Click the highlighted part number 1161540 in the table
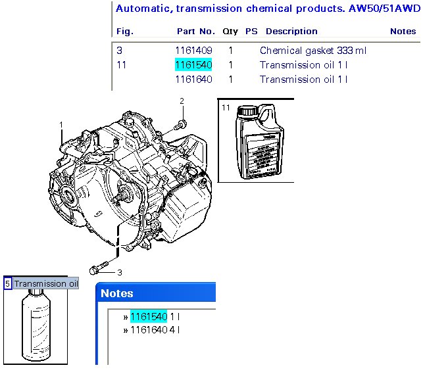click(x=193, y=65)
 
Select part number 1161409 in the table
click(x=193, y=51)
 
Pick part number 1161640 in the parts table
click(x=193, y=80)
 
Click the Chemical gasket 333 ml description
click(x=312, y=51)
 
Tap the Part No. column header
click(x=195, y=31)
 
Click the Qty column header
click(x=230, y=31)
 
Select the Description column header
click(x=291, y=31)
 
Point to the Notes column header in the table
click(x=403, y=31)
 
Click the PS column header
click(x=251, y=31)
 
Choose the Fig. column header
click(x=124, y=31)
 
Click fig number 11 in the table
click(x=121, y=65)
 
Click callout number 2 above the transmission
click(x=182, y=101)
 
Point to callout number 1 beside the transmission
click(x=61, y=124)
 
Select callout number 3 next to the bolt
click(x=120, y=272)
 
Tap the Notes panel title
click(x=117, y=293)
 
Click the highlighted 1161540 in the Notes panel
click(x=148, y=316)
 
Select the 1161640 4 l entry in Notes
click(x=155, y=329)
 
